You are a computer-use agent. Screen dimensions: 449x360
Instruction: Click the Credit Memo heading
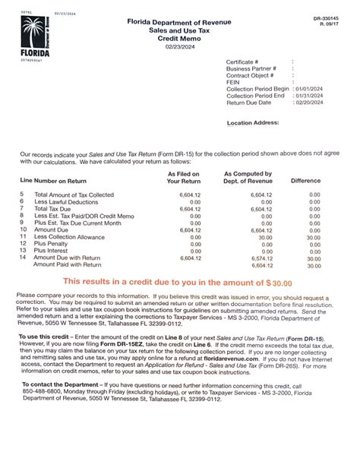tap(180, 36)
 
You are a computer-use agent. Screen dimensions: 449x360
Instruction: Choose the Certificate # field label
tap(243, 62)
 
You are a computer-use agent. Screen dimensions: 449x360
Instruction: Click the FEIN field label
tap(234, 82)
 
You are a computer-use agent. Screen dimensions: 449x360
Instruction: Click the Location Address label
tap(255, 122)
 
